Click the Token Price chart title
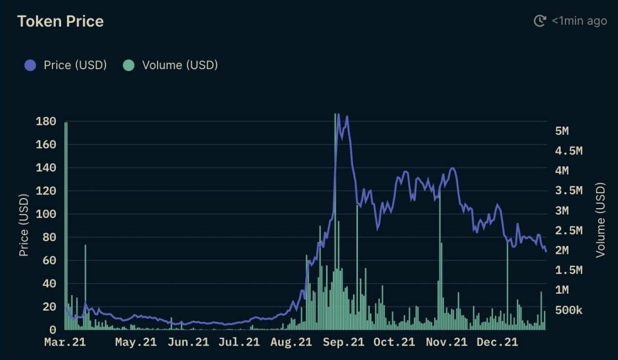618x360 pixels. pyautogui.click(x=60, y=21)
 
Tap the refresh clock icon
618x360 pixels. pyautogui.click(x=539, y=21)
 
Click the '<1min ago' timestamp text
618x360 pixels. pyautogui.click(x=579, y=21)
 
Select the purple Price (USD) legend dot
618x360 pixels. pyautogui.click(x=30, y=65)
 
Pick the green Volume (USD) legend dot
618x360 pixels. pyautogui.click(x=128, y=65)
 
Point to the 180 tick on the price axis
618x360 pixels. pyautogui.click(x=46, y=121)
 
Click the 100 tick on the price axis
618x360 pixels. pyautogui.click(x=46, y=214)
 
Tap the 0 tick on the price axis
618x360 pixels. pyautogui.click(x=53, y=330)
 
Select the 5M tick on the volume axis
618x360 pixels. pyautogui.click(x=562, y=131)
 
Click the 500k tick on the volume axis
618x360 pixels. pyautogui.click(x=569, y=310)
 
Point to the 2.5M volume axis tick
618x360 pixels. pyautogui.click(x=569, y=230)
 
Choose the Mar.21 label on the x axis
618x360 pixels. pyautogui.click(x=64, y=342)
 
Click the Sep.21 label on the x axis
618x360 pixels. pyautogui.click(x=344, y=342)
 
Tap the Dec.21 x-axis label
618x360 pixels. pyautogui.click(x=497, y=342)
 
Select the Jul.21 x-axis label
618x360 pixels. pyautogui.click(x=239, y=342)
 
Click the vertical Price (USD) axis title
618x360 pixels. pyautogui.click(x=23, y=226)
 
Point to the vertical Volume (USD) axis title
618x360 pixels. pyautogui.click(x=600, y=220)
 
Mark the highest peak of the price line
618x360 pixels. pyautogui.click(x=339, y=115)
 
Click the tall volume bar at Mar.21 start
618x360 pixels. pyautogui.click(x=66, y=223)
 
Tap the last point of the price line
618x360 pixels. pyautogui.click(x=546, y=251)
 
